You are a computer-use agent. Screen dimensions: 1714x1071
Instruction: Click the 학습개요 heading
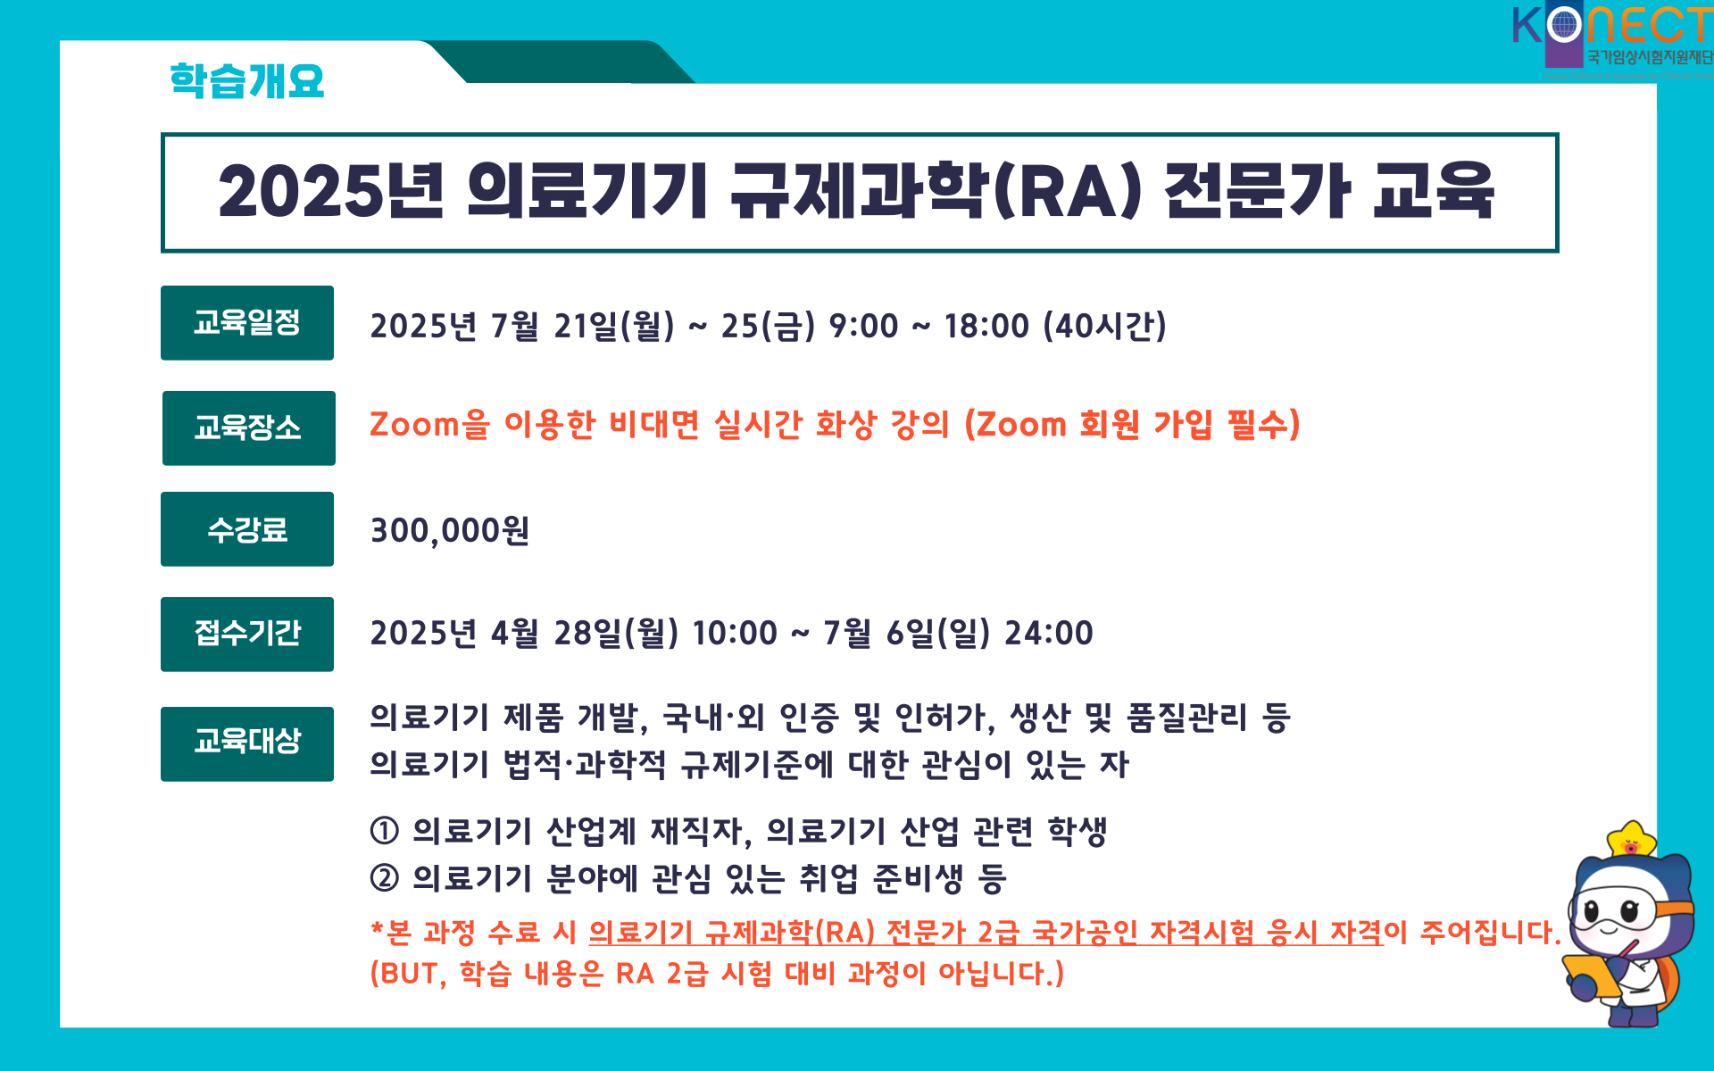246,80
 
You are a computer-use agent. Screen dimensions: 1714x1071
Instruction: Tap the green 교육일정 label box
247,323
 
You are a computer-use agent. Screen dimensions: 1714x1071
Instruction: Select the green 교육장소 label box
249,428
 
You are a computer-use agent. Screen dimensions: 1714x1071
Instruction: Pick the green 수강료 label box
247,529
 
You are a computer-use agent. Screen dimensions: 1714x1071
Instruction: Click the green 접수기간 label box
247,635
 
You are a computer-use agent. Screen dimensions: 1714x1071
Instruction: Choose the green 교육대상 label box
247,744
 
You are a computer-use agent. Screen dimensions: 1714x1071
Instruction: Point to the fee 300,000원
450,531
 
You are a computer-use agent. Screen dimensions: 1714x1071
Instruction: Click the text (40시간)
1105,326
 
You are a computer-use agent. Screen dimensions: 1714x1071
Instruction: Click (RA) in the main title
1068,191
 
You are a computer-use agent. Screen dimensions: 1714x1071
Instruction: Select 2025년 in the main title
331,191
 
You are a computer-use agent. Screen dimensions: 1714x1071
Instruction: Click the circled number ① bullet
384,831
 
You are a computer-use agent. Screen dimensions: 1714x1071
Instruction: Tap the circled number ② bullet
384,878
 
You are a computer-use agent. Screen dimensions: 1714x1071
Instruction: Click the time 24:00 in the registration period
1049,634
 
